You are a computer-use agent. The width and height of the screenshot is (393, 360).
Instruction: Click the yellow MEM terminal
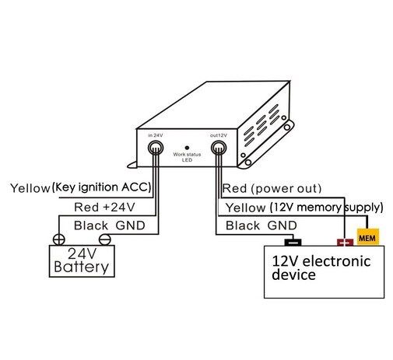tap(368, 237)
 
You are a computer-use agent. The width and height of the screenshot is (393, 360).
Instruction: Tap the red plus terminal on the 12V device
tap(345, 243)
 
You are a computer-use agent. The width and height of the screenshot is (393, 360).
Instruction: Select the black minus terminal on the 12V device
tap(293, 243)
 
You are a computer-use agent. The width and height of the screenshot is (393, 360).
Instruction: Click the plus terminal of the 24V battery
tap(59, 239)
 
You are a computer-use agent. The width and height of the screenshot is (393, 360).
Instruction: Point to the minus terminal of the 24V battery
tap(105, 239)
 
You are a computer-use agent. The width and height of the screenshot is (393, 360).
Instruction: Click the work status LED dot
tap(187, 148)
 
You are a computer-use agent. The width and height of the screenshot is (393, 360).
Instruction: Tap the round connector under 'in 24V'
tap(156, 148)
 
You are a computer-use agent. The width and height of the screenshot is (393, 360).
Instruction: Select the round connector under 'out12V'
tap(219, 148)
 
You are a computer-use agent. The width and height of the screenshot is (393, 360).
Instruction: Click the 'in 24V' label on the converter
tap(156, 135)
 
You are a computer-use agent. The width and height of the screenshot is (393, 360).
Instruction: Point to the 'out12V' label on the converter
tap(219, 135)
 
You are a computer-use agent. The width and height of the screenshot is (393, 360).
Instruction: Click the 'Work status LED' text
tap(187, 157)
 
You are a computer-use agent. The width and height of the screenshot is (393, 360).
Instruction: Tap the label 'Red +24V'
tap(104, 207)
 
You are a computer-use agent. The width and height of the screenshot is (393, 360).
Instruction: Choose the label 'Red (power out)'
tap(272, 188)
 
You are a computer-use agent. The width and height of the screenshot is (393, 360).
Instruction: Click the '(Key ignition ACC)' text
tap(101, 187)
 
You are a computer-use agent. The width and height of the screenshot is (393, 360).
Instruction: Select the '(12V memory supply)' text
tap(327, 208)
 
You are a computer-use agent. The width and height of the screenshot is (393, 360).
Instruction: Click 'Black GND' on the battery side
tap(110, 225)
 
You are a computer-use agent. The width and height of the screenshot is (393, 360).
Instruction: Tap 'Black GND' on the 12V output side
tap(261, 225)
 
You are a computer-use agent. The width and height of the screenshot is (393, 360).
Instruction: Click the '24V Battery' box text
tap(82, 260)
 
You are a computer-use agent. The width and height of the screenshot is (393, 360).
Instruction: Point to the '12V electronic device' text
tap(321, 267)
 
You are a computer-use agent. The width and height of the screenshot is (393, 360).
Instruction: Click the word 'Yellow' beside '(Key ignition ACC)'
tap(30, 188)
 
